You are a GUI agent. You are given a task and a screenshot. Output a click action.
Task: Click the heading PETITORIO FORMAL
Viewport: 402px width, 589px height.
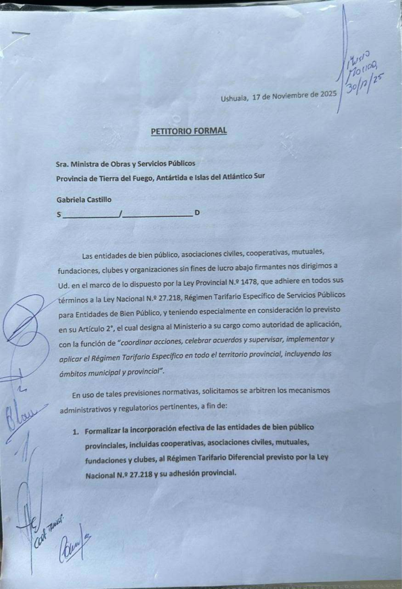tap(188, 131)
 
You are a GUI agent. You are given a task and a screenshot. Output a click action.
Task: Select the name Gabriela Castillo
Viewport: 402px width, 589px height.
tap(84, 200)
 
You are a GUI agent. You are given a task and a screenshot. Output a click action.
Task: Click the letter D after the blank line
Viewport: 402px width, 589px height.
tap(197, 213)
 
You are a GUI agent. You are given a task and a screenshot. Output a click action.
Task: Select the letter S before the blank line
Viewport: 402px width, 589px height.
tap(59, 215)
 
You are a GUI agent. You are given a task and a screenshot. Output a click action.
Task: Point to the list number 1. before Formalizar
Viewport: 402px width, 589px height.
tap(76, 431)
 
